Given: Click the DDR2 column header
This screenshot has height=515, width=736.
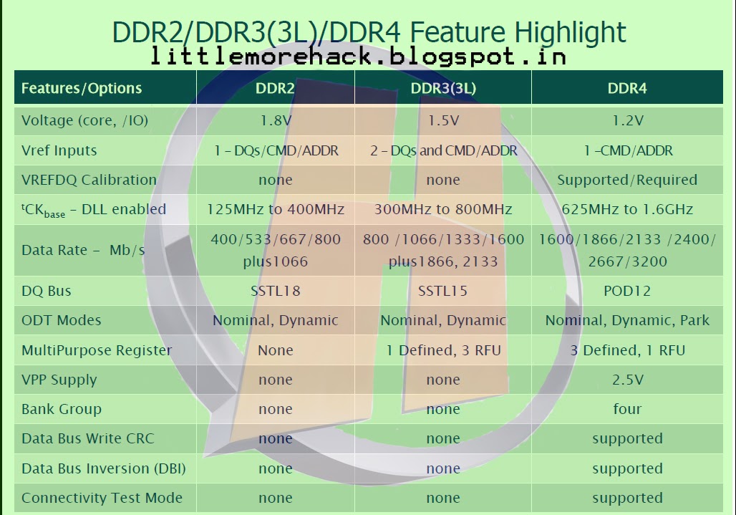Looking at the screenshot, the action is tap(275, 88).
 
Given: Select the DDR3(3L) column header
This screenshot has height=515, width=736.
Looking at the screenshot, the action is tap(443, 88).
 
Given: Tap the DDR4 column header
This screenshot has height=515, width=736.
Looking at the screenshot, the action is tap(627, 88).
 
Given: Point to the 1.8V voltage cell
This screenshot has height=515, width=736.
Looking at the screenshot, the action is tap(276, 120).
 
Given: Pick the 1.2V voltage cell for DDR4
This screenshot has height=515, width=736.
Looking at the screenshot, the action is tap(628, 120).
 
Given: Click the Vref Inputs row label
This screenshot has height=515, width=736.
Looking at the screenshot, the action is tap(59, 150).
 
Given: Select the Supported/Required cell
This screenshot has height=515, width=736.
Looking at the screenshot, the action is tap(627, 180).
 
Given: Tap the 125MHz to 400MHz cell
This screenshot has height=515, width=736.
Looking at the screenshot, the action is tap(276, 209).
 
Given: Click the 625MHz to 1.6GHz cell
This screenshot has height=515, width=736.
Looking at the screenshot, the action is tap(627, 209).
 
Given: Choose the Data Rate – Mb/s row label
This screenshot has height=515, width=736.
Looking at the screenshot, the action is tap(83, 250).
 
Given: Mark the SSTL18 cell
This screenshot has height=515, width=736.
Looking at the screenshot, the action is tap(276, 291).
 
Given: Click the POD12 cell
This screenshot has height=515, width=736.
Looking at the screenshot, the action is tap(627, 291).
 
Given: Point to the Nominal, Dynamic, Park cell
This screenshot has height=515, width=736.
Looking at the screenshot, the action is tap(627, 321).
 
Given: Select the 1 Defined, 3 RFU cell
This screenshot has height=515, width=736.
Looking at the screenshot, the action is tap(443, 350).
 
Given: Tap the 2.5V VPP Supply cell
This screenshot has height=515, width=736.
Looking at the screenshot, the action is tap(628, 380).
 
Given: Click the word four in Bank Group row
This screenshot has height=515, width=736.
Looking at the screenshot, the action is tap(627, 409).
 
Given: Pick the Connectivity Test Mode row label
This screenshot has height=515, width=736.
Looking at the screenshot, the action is tap(102, 498).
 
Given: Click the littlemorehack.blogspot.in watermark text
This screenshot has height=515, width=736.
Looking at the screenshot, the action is tap(359, 57).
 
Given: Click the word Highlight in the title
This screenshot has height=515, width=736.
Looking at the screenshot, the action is tap(571, 33).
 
